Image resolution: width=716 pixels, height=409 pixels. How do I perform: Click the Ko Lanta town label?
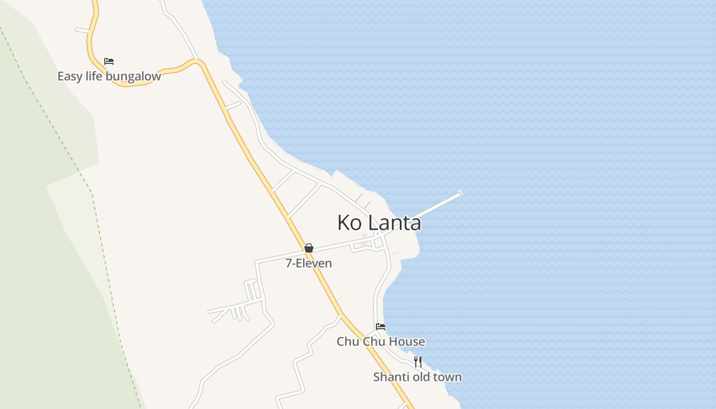(379, 222)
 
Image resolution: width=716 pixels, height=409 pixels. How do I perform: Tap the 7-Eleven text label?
(308, 263)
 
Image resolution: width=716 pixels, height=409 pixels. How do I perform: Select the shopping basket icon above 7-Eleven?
(309, 248)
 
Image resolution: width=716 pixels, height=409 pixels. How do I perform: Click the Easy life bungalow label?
(109, 77)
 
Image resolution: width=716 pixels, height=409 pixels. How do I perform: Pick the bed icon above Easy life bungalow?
(109, 61)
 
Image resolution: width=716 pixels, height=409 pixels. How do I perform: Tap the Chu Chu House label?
(381, 342)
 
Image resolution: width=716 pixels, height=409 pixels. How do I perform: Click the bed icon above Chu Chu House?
(381, 327)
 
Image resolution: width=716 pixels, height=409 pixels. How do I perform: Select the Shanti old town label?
(417, 377)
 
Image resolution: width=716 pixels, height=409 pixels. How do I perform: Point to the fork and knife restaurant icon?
(418, 362)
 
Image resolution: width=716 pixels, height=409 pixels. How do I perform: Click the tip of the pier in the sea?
(460, 193)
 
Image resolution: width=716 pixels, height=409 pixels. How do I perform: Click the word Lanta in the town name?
(394, 222)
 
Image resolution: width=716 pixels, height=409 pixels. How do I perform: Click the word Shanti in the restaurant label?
(389, 377)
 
